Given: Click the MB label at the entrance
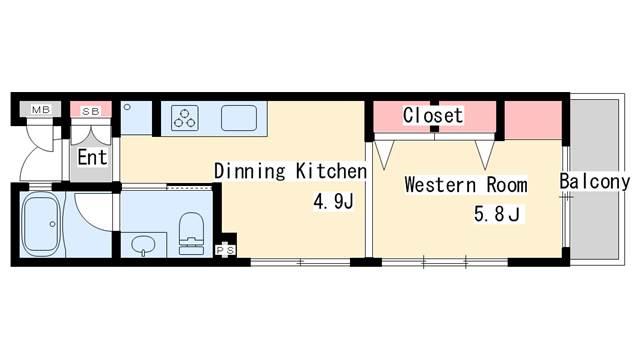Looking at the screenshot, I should click(42, 109).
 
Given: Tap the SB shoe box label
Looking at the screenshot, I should click(91, 110).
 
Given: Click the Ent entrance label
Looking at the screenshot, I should click(93, 157).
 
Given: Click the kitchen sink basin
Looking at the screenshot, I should click(240, 118).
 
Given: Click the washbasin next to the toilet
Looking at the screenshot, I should click(143, 243).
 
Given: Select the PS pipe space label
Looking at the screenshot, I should click(226, 249).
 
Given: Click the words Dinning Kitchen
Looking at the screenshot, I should click(290, 171).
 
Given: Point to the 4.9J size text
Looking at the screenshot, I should click(333, 203).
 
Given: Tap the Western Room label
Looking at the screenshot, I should click(466, 185).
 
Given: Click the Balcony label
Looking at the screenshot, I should click(594, 182).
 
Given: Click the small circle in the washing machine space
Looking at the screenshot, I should click(127, 105).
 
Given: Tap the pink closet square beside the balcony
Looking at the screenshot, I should click(533, 119).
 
